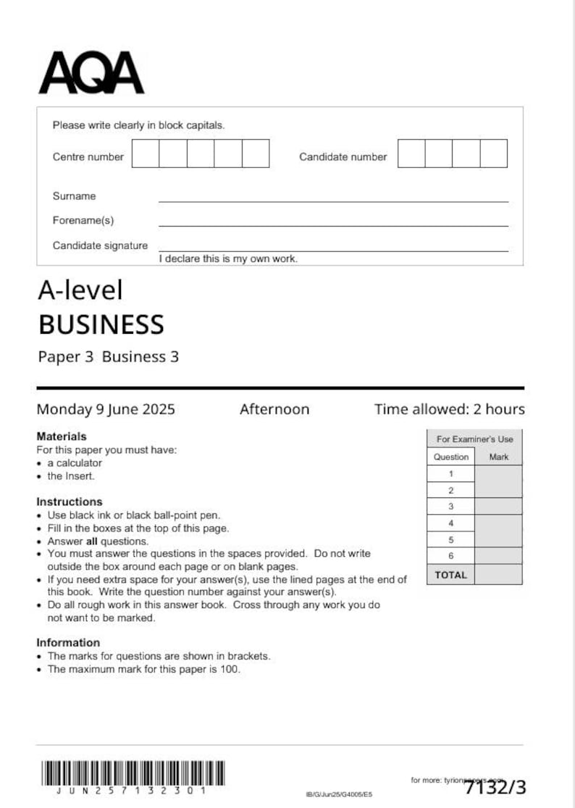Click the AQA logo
tap(91, 73)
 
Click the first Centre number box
tap(145, 153)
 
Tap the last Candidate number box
tap(493, 153)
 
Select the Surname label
tap(74, 196)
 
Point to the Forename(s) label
tap(83, 220)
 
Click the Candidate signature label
tap(100, 245)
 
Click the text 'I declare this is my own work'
tap(228, 258)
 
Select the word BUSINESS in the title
tap(101, 325)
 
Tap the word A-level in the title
tap(80, 290)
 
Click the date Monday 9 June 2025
tap(106, 409)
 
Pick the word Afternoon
tap(274, 409)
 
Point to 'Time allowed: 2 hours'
tap(449, 409)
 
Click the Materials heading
tap(62, 437)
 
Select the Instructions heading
tap(70, 502)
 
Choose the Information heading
tap(68, 642)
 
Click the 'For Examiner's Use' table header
tap(474, 439)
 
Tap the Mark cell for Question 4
tap(498, 523)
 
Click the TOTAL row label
tap(450, 575)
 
